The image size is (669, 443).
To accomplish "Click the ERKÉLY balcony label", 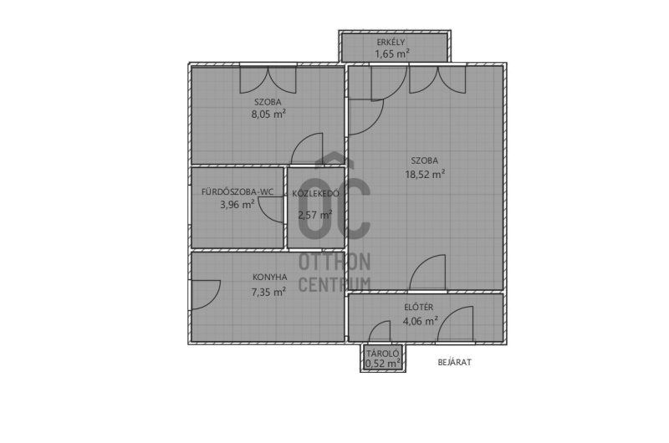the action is (x=391, y=42).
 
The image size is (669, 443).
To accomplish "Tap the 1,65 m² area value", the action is (x=392, y=53).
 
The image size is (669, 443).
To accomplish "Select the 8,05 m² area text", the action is (x=268, y=115).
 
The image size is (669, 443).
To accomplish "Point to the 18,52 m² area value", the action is (x=425, y=174).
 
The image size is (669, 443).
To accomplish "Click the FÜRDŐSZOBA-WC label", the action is (x=237, y=192).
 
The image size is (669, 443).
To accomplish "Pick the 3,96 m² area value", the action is (x=237, y=205).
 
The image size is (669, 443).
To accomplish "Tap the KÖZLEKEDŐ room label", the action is (x=316, y=194).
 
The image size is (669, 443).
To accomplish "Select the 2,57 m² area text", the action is (x=315, y=215).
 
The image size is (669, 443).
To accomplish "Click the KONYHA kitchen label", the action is (x=269, y=278).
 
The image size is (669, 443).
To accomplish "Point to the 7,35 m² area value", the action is (x=268, y=292).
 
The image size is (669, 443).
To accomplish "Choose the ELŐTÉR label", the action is (x=419, y=307).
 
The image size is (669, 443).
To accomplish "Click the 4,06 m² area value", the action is (x=421, y=321).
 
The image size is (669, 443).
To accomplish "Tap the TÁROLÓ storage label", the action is (x=383, y=354).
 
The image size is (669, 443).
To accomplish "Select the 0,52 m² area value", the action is (x=383, y=364).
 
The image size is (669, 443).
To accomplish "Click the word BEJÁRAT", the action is (x=455, y=363).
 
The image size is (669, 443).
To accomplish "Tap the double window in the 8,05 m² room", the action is (x=268, y=79).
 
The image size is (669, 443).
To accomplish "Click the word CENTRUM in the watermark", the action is (x=334, y=284).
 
